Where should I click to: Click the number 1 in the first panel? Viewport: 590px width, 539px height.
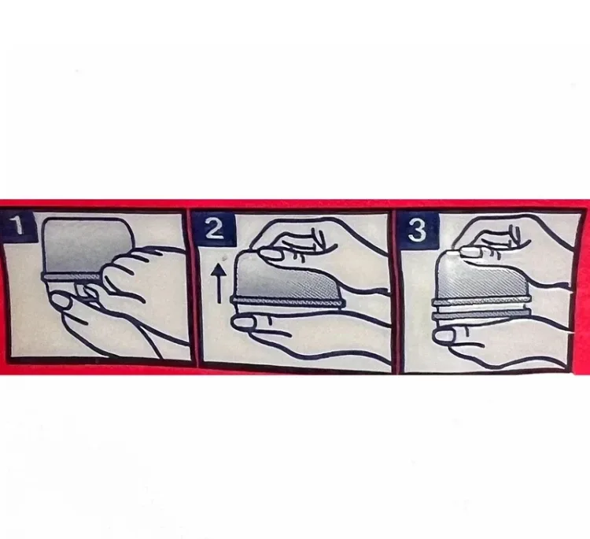[x=17, y=226]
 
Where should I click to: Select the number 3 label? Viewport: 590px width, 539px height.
[x=417, y=230]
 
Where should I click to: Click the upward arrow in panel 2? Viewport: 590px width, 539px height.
[x=219, y=283]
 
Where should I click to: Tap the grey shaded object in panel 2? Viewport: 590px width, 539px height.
[x=286, y=277]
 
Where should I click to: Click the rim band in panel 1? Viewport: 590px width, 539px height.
[x=72, y=277]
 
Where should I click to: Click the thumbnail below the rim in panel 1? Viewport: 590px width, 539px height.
[x=61, y=301]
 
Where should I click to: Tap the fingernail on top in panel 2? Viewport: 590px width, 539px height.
[x=271, y=253]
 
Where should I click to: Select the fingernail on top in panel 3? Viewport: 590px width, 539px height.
[x=470, y=252]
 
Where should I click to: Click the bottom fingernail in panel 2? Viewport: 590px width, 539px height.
[x=243, y=323]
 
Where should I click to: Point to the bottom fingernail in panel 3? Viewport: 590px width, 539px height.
[x=443, y=336]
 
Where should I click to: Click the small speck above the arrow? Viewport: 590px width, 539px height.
[x=225, y=258]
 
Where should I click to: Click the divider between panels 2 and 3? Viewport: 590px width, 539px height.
[x=395, y=292]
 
